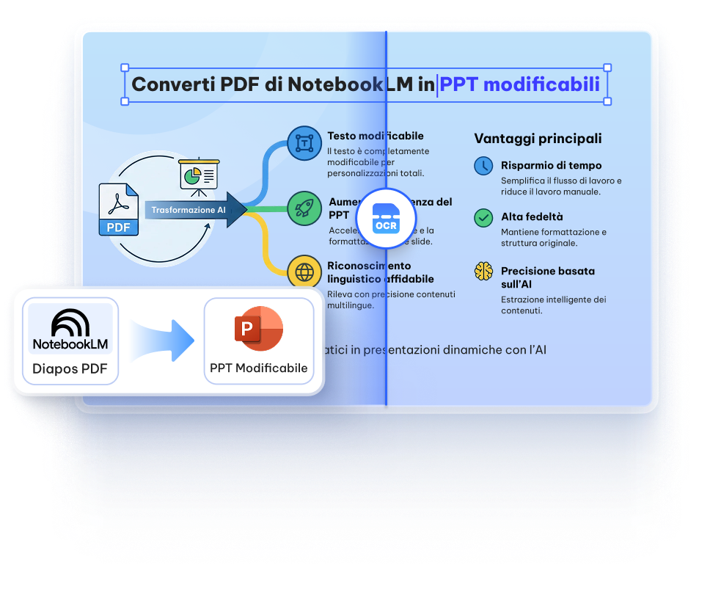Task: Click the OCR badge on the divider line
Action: (x=386, y=219)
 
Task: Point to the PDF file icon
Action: (x=119, y=210)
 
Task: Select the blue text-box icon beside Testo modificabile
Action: (x=304, y=143)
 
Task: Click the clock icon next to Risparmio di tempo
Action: (x=483, y=166)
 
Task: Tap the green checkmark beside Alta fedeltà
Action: (x=483, y=217)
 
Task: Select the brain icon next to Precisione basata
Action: (x=483, y=271)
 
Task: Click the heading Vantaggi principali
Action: (x=538, y=138)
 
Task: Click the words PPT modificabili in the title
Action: (x=519, y=84)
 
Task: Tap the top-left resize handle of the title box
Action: (x=124, y=66)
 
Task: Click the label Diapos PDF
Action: (x=70, y=368)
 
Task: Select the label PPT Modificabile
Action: (x=258, y=368)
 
